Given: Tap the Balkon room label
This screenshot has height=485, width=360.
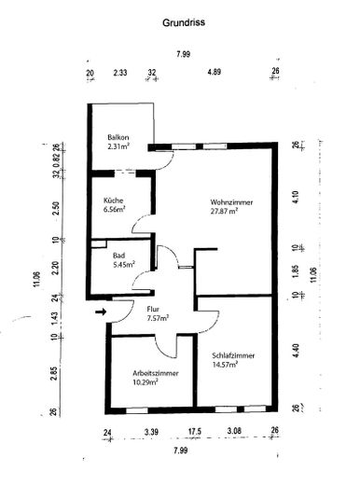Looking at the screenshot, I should (118, 136).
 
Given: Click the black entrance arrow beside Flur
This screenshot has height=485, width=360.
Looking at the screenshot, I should (101, 312).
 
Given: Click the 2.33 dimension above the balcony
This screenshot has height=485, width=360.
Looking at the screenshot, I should (120, 71).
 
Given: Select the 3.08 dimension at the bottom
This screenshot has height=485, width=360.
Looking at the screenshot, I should (235, 432).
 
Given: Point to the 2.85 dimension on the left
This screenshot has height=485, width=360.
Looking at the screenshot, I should (55, 374).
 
